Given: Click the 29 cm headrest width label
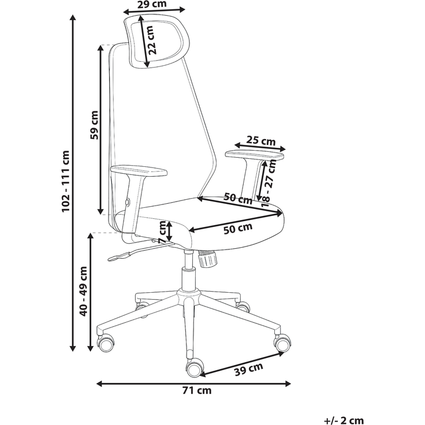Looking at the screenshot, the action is point(152,4).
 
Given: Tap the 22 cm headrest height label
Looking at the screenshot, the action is point(151,40).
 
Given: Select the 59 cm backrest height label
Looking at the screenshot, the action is point(95,125).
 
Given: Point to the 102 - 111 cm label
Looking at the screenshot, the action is point(66,181).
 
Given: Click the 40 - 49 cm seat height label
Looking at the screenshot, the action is point(84,291).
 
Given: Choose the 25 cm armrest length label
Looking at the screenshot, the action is point(261,141).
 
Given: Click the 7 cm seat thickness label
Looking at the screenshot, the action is point(162,232).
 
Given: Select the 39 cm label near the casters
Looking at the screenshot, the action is point(248,369).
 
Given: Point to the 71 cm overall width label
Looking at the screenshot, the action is point(197,390).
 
